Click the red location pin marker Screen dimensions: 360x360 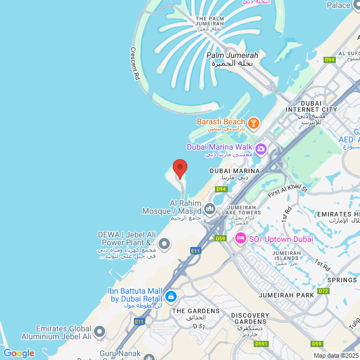(x=179, y=168)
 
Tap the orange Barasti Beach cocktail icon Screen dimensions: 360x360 (x=253, y=122)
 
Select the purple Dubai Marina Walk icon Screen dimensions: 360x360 (x=260, y=149)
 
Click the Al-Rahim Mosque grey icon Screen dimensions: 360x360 (x=210, y=210)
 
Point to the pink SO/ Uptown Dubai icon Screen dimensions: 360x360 (x=241, y=238)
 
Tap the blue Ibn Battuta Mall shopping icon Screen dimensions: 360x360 (x=171, y=296)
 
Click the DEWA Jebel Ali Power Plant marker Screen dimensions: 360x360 (x=164, y=244)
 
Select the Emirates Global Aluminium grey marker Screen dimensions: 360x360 (x=100, y=331)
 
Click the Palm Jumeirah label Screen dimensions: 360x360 (x=232, y=56)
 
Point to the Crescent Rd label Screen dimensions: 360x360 (x=135, y=63)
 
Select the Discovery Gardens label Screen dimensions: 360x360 (x=250, y=318)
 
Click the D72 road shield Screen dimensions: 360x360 (x=323, y=291)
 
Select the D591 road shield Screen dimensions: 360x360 (x=261, y=344)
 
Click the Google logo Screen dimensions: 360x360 (x=19, y=353)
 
